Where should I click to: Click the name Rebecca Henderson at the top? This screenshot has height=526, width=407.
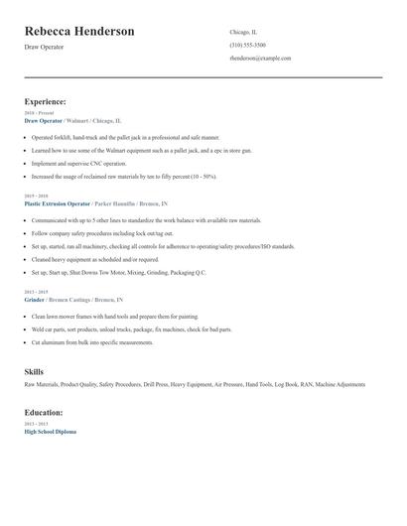point(79,32)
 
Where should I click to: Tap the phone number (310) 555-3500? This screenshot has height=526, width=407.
point(247,46)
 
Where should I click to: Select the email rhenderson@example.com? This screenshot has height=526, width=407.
point(260,59)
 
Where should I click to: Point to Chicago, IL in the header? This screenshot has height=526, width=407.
point(243,32)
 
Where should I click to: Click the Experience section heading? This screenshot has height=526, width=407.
point(46,101)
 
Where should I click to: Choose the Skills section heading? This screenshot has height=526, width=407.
point(34,371)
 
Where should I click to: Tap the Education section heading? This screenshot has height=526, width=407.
point(44,412)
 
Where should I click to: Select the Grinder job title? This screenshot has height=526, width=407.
point(36,299)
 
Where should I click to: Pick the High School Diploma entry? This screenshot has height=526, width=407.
point(50,432)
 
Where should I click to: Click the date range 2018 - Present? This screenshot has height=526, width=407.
point(40,113)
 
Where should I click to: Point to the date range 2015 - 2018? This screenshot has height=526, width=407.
point(37,196)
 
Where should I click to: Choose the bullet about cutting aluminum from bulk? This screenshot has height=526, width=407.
point(92,342)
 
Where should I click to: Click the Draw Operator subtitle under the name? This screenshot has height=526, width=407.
point(44,47)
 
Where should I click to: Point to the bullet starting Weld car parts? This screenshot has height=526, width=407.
point(131,329)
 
